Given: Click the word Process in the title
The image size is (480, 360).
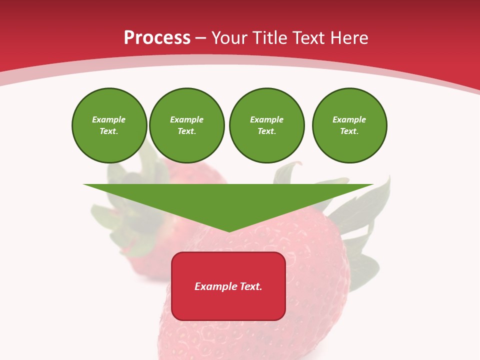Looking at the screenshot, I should [x=157, y=38].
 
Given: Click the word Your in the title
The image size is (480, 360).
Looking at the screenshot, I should [x=230, y=38].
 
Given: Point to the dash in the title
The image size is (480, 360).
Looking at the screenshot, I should [x=200, y=38].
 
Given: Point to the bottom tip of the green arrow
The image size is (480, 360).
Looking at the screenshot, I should [x=229, y=231].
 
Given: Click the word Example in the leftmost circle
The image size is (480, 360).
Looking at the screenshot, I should [x=109, y=119].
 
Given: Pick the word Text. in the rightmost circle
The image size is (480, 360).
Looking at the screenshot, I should [x=349, y=131].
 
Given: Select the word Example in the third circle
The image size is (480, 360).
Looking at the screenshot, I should [x=266, y=119].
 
